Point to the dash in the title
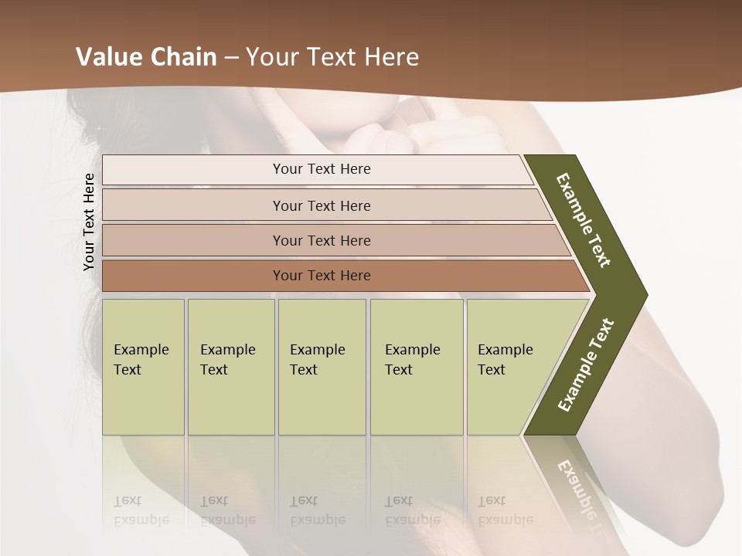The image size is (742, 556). coord(230,58)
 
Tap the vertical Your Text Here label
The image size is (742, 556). coord(89,222)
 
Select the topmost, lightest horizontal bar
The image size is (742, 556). coord(317,170)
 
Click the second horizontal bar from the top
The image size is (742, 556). coord(325,205)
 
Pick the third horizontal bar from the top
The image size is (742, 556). coord(332,240)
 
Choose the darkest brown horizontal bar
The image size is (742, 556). coord(340,276)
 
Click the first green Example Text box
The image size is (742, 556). coord(143,367)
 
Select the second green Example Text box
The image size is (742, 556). coord(231,367)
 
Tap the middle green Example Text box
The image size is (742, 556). coord(322,367)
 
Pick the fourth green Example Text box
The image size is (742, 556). coord(417,367)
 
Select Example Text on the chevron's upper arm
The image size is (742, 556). coord(584,220)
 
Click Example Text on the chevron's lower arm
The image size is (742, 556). coord(585,365)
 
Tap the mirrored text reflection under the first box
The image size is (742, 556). coord(141,510)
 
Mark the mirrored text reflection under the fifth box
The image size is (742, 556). coord(505,510)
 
